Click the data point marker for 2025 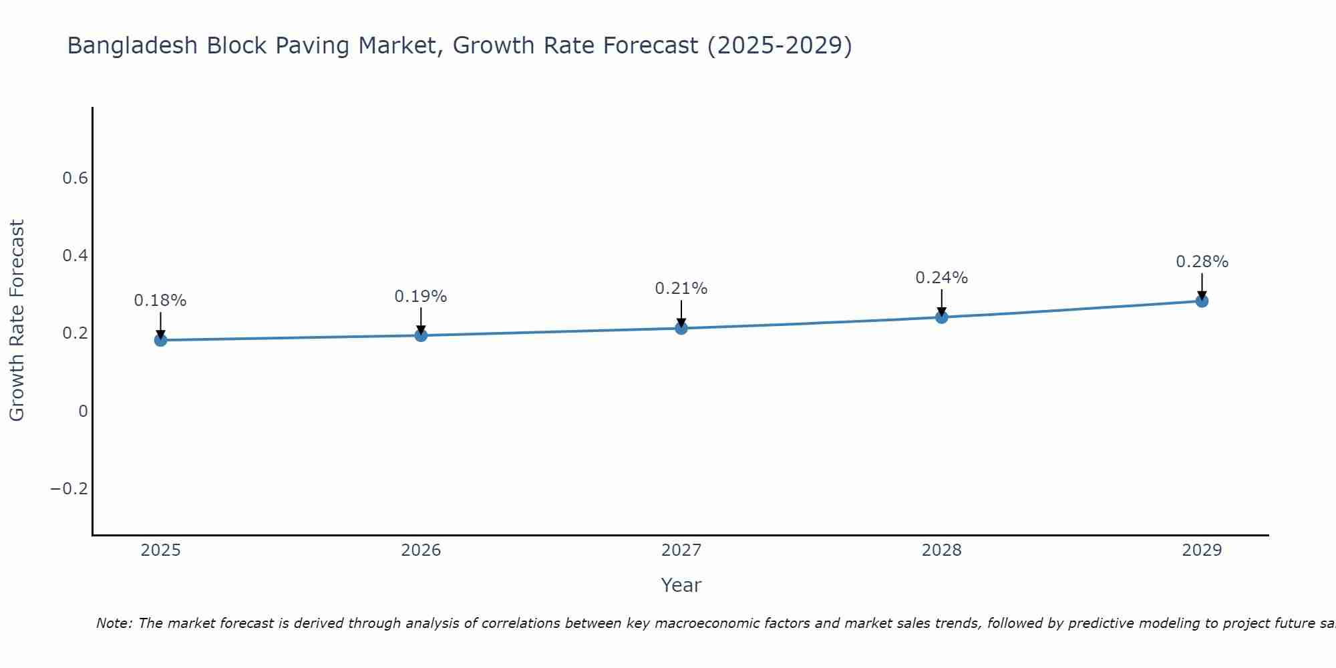160,340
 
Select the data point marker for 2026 421,335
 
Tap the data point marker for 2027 681,328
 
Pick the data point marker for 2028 941,317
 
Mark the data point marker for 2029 1202,301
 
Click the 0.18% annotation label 160,301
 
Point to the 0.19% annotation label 421,297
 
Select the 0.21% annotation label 681,289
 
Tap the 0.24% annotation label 941,278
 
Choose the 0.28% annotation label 1202,262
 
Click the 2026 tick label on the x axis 421,550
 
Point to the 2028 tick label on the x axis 941,550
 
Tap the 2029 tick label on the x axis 1202,550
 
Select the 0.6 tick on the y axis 75,178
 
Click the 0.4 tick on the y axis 75,256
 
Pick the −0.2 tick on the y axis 69,489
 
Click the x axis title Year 681,585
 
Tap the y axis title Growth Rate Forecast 17,321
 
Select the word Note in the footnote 114,624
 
